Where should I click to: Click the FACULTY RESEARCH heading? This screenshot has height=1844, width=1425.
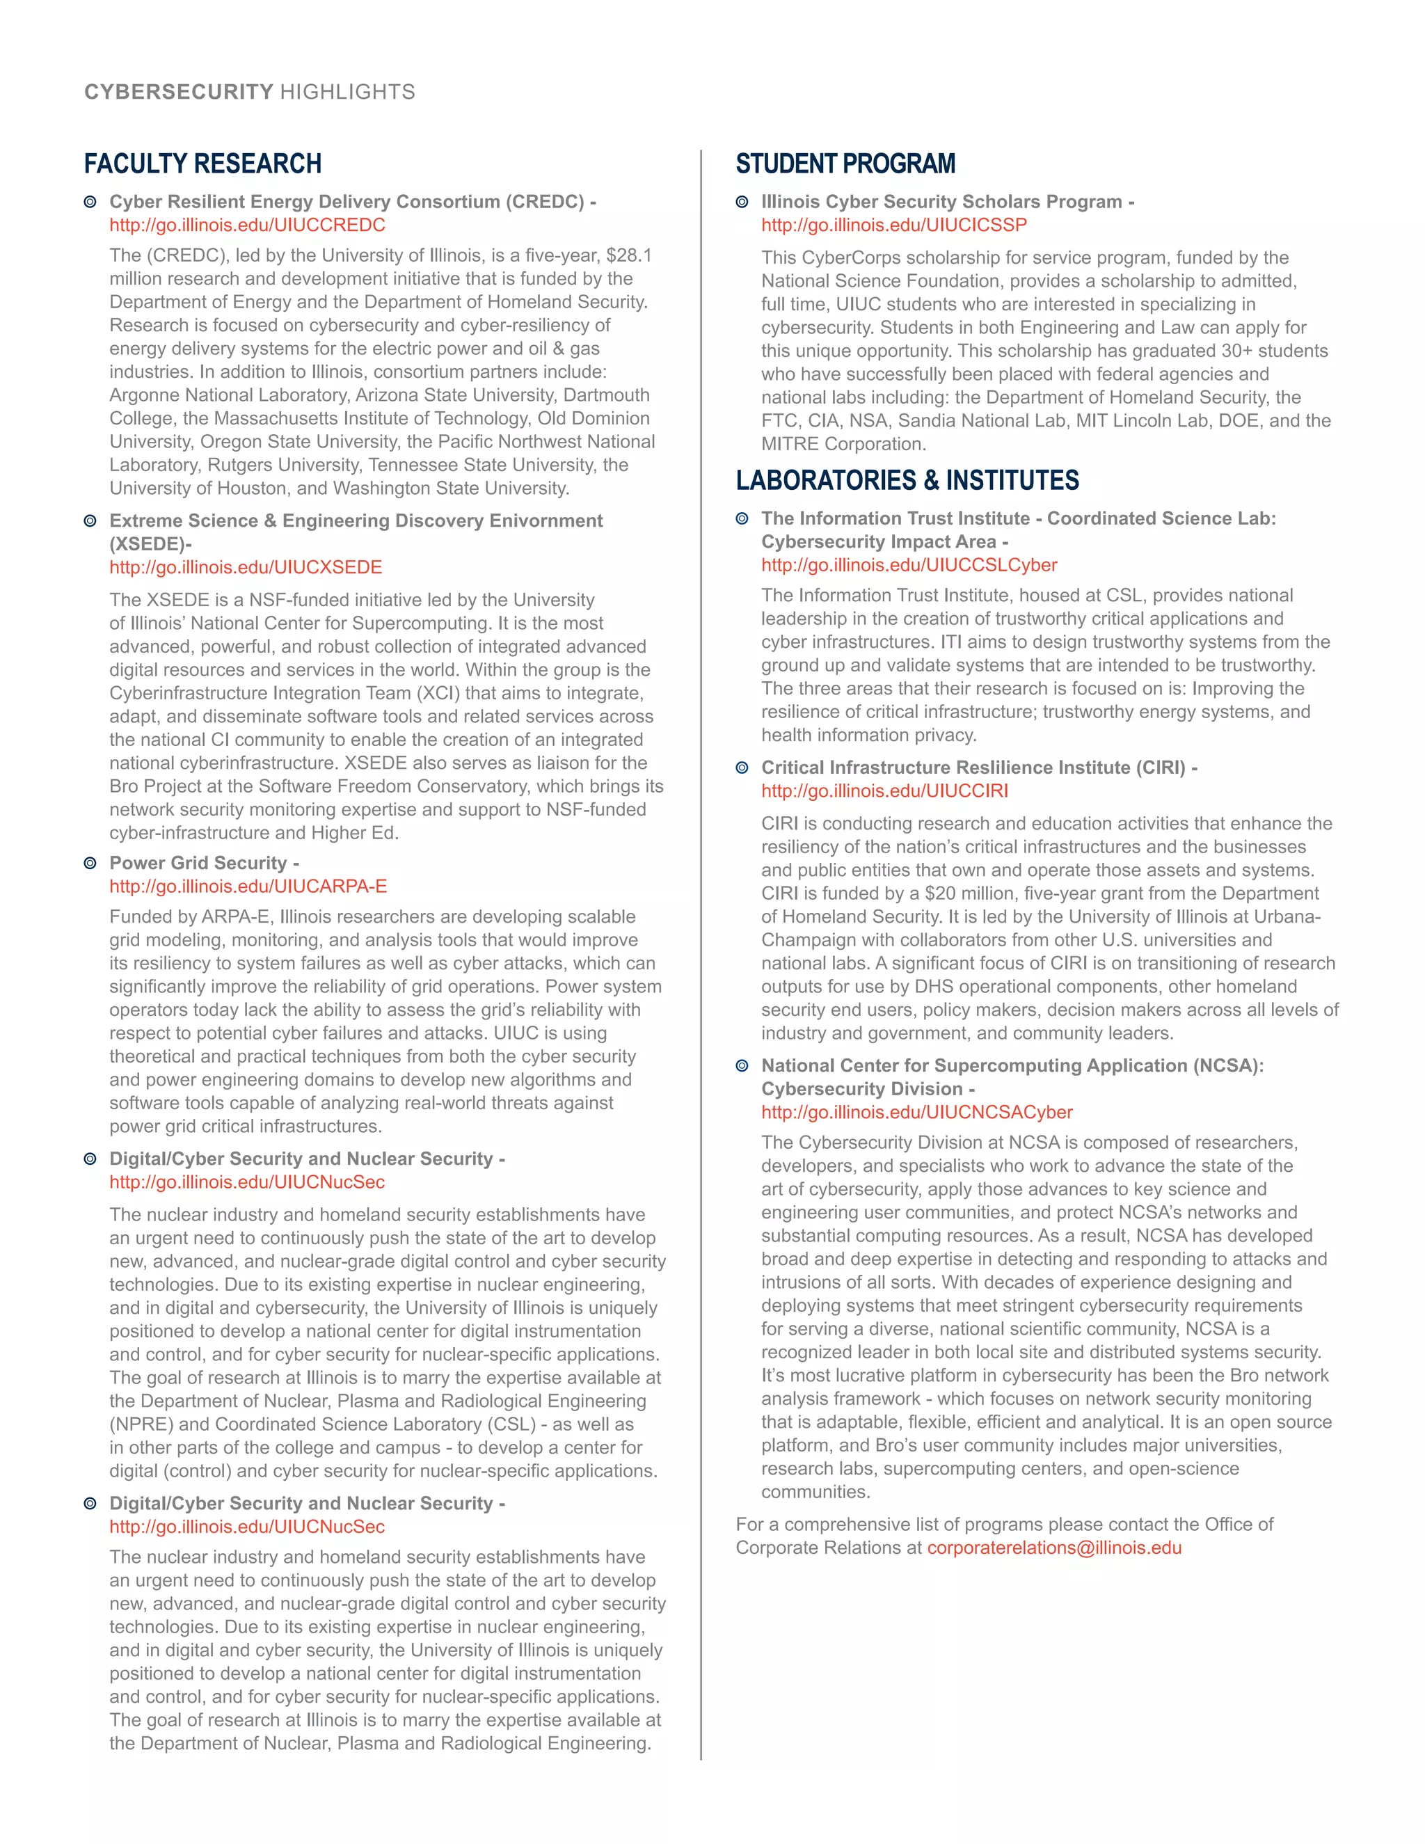pos(202,163)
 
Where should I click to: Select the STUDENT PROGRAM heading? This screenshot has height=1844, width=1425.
pos(845,163)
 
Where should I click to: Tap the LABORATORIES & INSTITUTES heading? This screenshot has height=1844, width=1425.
pos(907,479)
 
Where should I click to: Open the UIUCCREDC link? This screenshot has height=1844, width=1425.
pos(247,225)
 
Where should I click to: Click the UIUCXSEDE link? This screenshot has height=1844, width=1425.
pos(246,567)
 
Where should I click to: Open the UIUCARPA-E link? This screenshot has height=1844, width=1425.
pos(248,887)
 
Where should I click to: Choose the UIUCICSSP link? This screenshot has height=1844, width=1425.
pos(894,225)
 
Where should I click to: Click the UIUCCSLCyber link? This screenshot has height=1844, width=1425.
pos(909,565)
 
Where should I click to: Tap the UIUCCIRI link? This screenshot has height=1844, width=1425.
pos(885,791)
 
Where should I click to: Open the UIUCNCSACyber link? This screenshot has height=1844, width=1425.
pos(917,1113)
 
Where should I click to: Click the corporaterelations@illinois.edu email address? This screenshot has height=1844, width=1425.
pos(1054,1548)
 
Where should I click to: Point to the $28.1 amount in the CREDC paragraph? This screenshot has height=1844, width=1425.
pos(629,256)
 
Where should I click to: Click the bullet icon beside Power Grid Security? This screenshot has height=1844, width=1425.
pos(90,863)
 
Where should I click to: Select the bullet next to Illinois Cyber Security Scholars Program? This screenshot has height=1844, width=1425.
pos(742,202)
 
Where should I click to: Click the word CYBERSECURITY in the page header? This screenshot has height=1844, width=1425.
pos(179,92)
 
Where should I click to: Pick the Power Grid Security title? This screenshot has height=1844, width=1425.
pos(198,863)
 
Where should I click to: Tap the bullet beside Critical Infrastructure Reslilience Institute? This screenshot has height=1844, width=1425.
pos(742,768)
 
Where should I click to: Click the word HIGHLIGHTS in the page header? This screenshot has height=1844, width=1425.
pos(348,92)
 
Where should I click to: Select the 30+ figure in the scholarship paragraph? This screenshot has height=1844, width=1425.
pos(1239,351)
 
